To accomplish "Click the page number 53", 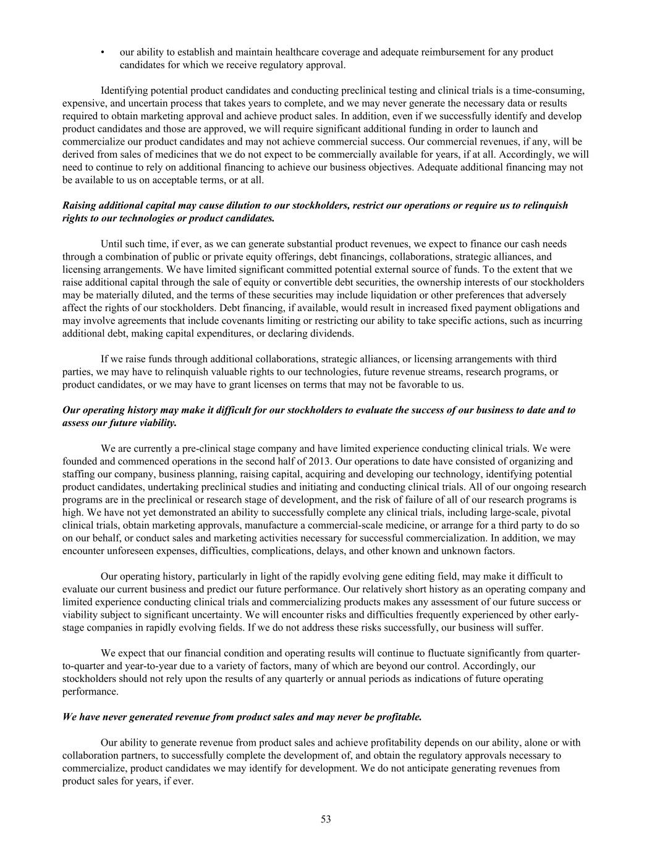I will (326, 819).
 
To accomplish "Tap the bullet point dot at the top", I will (103, 52).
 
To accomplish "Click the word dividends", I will (332, 333).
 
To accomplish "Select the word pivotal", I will (554, 513).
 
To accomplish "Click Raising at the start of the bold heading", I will (80, 205).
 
